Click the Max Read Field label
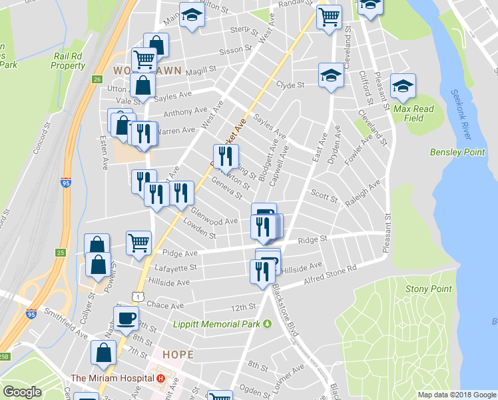tap(413, 113)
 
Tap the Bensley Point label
tap(457, 152)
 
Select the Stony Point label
tap(429, 289)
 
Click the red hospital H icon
tap(160, 378)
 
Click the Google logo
tap(22, 392)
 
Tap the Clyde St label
tap(290, 85)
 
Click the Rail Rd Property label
tap(68, 62)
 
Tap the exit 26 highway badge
tap(97, 79)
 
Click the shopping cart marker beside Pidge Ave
tap(139, 242)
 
